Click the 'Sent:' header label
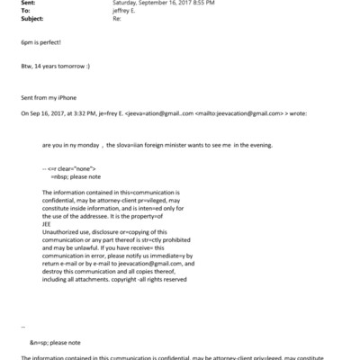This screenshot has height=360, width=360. (13, 4)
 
